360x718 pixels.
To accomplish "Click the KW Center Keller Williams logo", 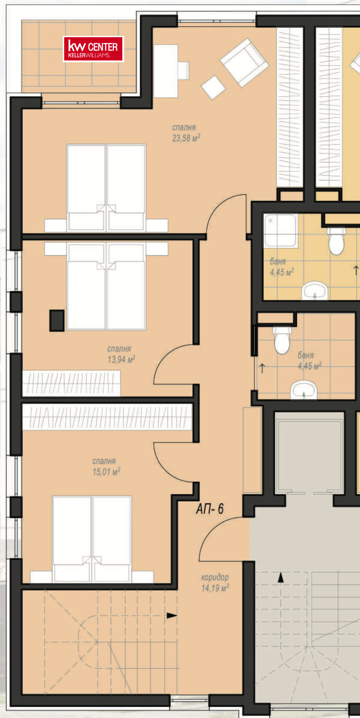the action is [93, 49].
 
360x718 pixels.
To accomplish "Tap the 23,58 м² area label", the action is [186, 138].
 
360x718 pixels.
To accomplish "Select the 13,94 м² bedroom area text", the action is [121, 359].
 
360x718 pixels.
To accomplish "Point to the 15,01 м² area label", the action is [107, 472].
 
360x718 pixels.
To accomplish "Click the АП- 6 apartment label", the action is [210, 509].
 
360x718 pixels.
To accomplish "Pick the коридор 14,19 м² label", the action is [215, 583].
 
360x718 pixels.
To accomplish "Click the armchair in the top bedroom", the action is [244, 62].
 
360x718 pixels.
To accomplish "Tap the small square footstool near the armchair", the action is [213, 87].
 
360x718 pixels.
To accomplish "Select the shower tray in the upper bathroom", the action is [280, 231].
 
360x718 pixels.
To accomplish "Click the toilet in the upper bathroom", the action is [336, 241].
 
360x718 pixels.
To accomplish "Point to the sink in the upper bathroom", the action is [314, 291].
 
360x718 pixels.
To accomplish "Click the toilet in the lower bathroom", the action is [282, 340].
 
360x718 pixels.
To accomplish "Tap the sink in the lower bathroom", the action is [304, 390].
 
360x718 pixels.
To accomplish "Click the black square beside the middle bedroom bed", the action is [57, 320].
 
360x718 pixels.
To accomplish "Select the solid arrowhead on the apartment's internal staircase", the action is [172, 615].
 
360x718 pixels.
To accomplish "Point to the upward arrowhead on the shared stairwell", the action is [280, 577].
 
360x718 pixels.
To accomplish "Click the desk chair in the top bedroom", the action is [184, 71].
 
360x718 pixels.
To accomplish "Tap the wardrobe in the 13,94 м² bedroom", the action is [71, 383].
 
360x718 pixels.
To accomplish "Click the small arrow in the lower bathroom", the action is [262, 368].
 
